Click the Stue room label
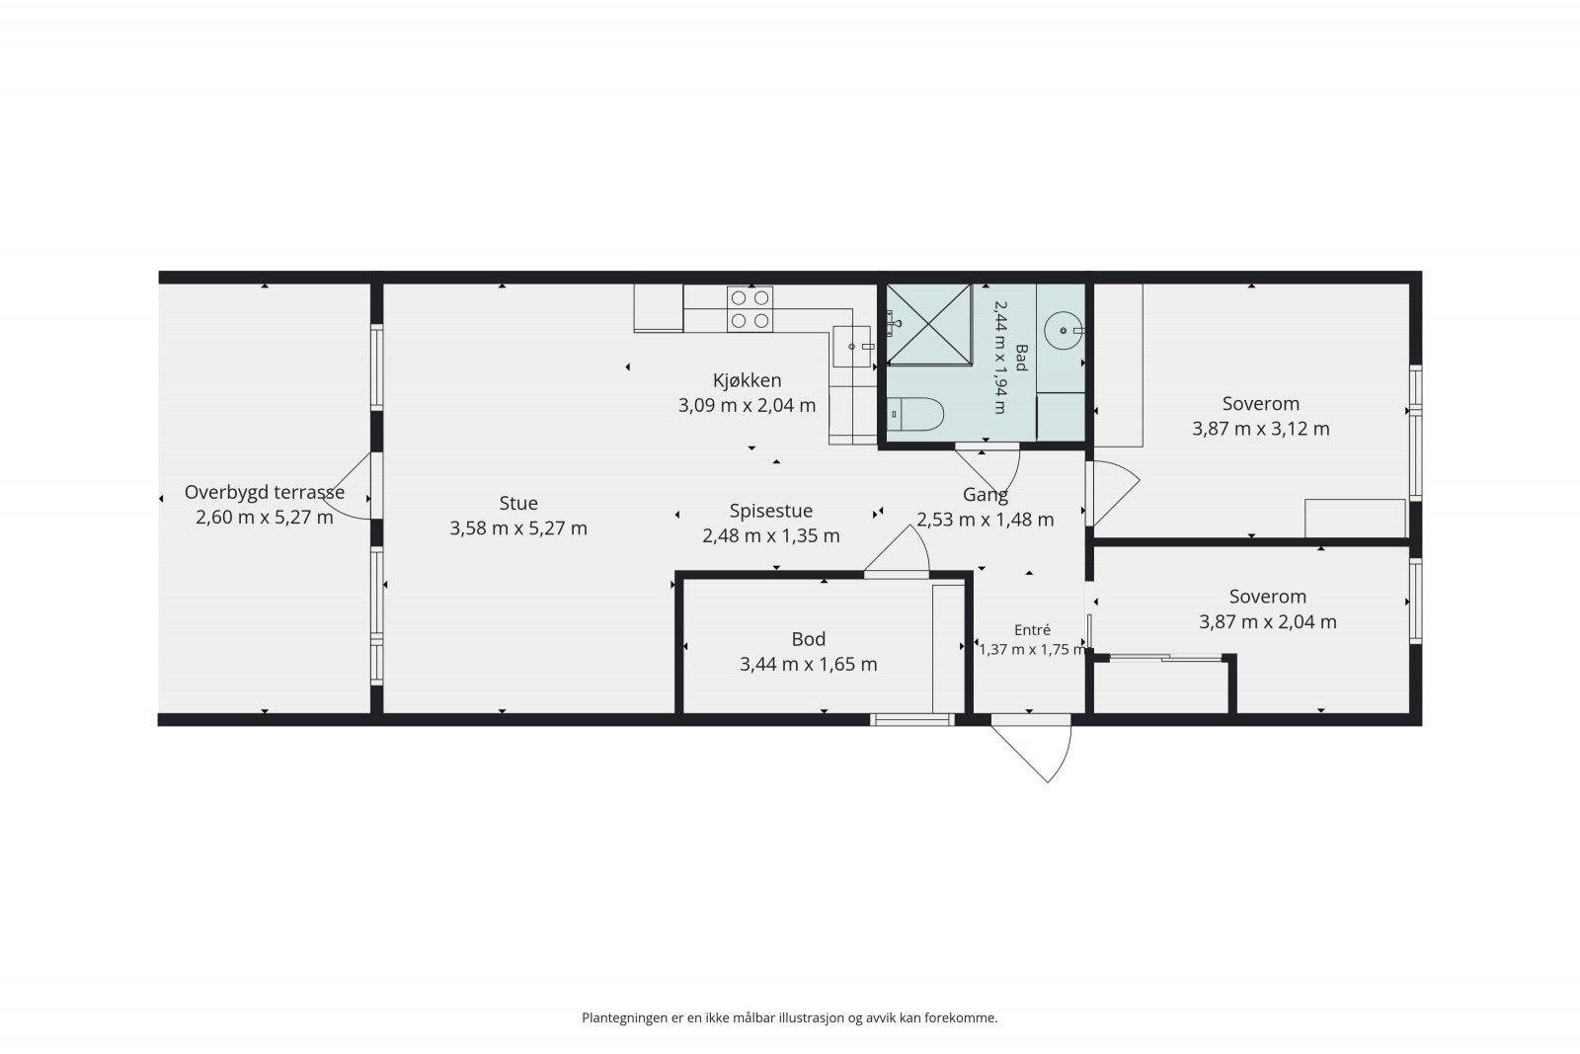point(518,503)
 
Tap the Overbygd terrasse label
point(265,493)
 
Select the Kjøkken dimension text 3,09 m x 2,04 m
point(747,406)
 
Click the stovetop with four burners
point(750,309)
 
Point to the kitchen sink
point(851,347)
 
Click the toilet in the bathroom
point(915,414)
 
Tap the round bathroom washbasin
point(1063,330)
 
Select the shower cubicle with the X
point(929,325)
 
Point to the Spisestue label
point(771,511)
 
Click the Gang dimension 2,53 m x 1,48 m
point(986,520)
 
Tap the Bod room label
point(809,639)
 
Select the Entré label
point(1032,630)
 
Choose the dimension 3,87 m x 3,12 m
point(1260,429)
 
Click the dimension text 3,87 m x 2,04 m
point(1268,622)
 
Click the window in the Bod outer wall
point(911,719)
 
